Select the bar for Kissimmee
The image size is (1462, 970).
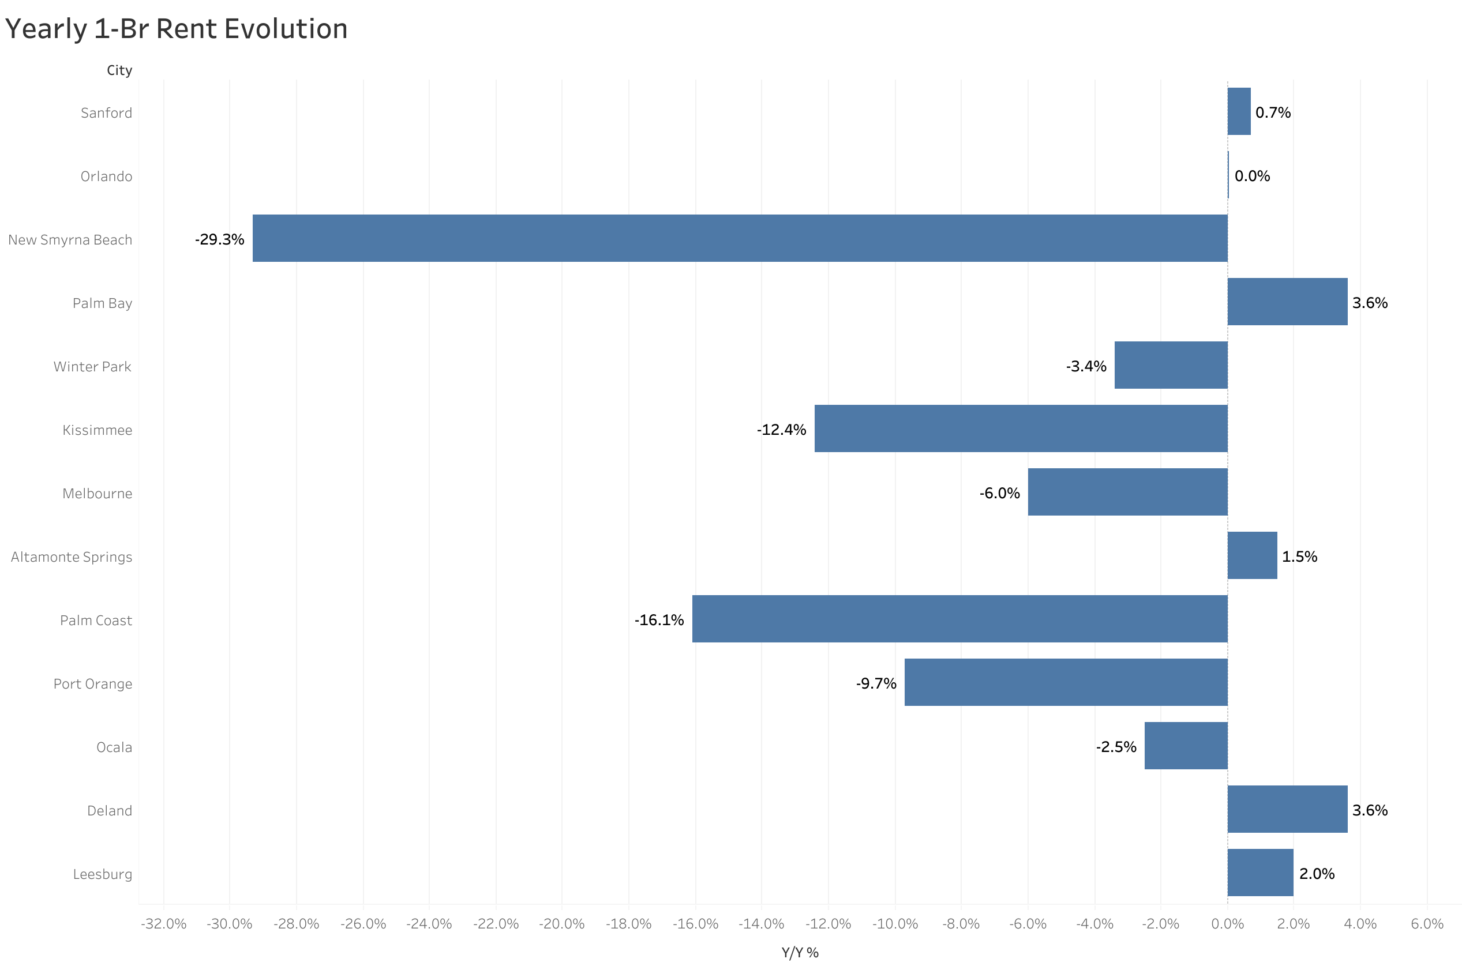click(x=1020, y=428)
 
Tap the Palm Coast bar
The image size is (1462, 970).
click(x=959, y=619)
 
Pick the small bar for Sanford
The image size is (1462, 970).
click(x=1238, y=111)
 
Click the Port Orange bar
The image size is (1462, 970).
click(x=1066, y=682)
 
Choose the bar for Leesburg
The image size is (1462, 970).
click(x=1259, y=873)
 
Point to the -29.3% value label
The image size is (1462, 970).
click(x=219, y=239)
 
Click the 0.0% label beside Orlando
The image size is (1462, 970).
click(x=1251, y=176)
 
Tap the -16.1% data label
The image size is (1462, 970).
click(x=658, y=620)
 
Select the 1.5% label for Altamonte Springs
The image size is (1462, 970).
click(x=1299, y=556)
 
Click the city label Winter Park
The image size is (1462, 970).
click(x=92, y=366)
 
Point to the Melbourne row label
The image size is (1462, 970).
click(x=97, y=493)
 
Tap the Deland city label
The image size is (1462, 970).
click(x=110, y=810)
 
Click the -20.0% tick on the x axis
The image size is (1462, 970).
click(x=561, y=924)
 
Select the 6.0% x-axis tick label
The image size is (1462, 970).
click(x=1426, y=924)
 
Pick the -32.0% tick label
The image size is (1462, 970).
click(x=163, y=924)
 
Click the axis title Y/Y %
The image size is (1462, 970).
click(x=799, y=953)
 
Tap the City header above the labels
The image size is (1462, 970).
click(x=119, y=70)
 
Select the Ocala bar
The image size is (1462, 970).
click(x=1185, y=746)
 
